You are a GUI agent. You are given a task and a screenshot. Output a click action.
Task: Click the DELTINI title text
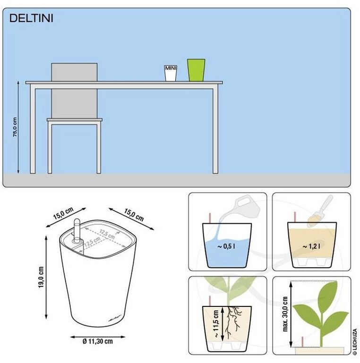31,18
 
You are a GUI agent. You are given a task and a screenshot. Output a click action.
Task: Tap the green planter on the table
196,70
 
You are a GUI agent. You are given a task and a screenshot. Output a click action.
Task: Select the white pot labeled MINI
171,73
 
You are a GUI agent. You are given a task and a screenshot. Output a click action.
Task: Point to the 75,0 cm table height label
15,127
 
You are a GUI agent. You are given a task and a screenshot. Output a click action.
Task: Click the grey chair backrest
74,91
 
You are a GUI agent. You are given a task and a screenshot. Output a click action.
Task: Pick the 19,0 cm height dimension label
41,277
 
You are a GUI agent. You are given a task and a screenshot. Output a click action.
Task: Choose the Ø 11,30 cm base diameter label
98,341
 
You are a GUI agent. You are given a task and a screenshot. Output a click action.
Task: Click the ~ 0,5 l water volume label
226,246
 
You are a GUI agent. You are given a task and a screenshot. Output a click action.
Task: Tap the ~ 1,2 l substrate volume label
312,246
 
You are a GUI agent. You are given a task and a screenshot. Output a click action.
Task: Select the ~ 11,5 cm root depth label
216,324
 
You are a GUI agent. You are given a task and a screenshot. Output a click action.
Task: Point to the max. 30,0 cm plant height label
285,314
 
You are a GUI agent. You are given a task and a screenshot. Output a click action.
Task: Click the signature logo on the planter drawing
115,319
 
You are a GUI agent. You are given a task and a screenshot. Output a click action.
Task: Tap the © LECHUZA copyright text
355,341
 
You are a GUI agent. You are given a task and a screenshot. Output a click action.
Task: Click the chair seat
75,120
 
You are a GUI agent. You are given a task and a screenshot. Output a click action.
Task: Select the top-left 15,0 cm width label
63,213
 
